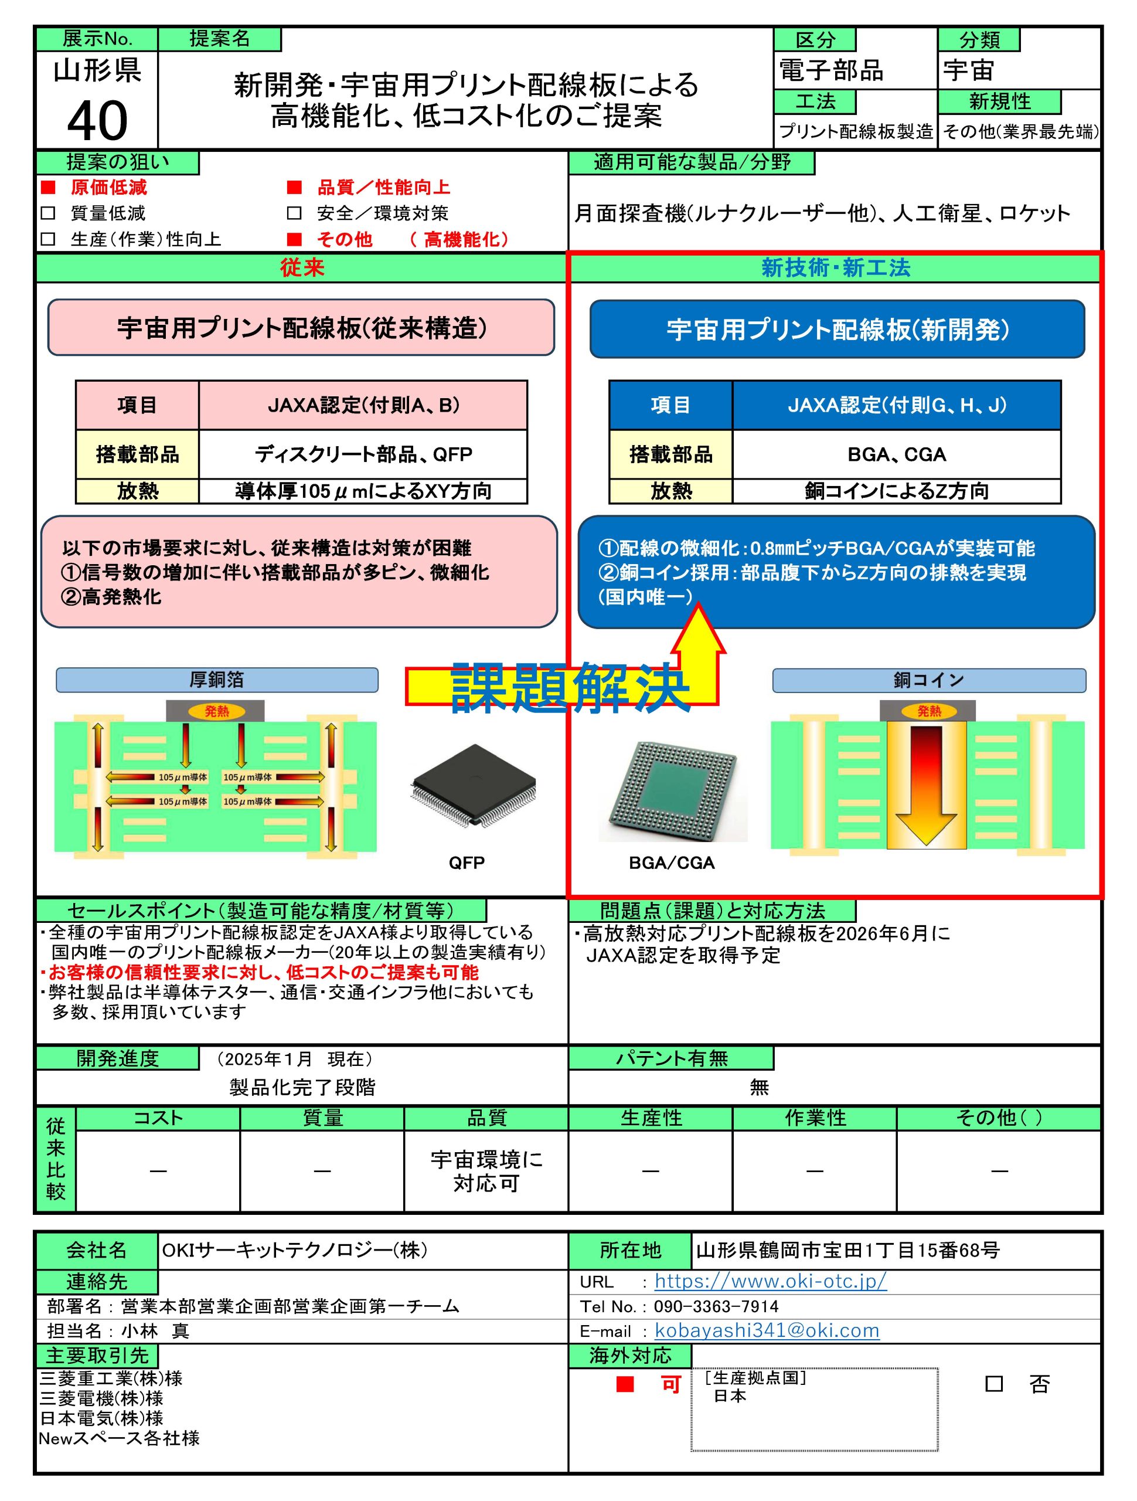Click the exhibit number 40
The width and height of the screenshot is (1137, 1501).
(97, 121)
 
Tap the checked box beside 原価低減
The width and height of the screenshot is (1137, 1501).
(47, 187)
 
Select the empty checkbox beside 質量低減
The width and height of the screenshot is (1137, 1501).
(47, 213)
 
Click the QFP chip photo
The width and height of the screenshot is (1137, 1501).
(473, 785)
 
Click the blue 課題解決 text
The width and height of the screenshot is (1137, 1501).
(570, 687)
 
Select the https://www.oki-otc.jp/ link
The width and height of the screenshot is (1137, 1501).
(770, 1281)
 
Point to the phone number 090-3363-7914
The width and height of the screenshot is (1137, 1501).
(716, 1306)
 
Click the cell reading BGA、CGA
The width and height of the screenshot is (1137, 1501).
(896, 454)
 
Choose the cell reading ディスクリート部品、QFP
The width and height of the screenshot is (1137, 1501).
(363, 454)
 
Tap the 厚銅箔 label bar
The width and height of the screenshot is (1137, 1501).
(216, 679)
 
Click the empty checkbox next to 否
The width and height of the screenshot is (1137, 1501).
(993, 1384)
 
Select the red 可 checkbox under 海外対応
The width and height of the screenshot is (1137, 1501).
(625, 1384)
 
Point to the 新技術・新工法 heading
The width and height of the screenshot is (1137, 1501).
(835, 268)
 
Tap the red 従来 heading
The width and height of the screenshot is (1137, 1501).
(302, 268)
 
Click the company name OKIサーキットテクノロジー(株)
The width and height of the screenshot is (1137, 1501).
(294, 1249)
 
